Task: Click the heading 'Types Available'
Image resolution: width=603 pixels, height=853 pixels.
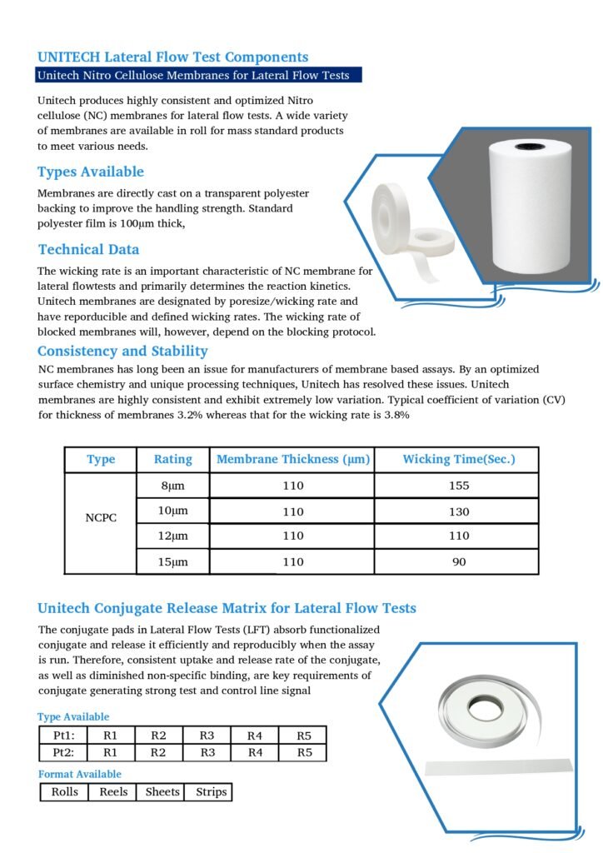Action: (x=91, y=172)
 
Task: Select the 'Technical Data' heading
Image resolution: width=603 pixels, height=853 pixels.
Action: (x=89, y=249)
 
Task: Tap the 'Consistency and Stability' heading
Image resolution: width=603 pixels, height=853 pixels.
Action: (x=122, y=351)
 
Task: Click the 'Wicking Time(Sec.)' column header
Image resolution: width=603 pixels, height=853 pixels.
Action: (x=459, y=459)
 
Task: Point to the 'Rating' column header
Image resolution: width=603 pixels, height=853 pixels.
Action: (x=173, y=459)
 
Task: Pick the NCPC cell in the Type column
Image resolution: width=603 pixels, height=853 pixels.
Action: (x=101, y=517)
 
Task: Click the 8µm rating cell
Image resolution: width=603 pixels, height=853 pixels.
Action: (x=173, y=486)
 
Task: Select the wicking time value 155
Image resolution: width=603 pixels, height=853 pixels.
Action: (x=459, y=486)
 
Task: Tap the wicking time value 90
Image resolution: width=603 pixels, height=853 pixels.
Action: (x=459, y=562)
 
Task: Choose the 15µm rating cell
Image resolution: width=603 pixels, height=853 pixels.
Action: (x=173, y=562)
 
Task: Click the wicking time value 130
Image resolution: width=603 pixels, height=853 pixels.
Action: (x=459, y=511)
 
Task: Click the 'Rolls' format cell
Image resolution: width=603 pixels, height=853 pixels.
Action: (x=65, y=791)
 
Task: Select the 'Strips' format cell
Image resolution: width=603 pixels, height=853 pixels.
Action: (x=211, y=791)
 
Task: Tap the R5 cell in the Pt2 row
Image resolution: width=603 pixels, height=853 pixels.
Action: (x=305, y=752)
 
